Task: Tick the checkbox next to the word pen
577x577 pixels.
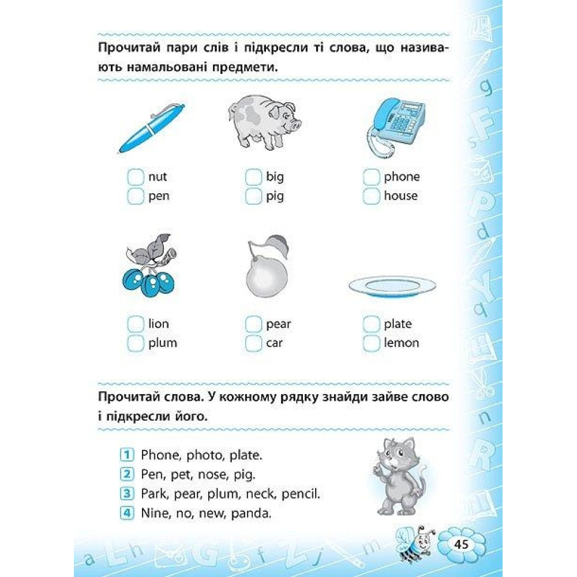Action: [136, 196]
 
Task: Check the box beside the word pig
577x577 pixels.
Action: [253, 196]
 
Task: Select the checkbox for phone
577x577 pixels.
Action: [371, 177]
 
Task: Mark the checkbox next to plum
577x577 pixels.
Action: [136, 343]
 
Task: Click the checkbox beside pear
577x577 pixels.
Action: [253, 324]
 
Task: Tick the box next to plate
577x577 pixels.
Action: [371, 324]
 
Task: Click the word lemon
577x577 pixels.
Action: [402, 343]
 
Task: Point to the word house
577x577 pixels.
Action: [401, 196]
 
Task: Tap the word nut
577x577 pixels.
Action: [158, 177]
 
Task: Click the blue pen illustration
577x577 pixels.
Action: [152, 128]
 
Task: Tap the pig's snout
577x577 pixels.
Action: [295, 125]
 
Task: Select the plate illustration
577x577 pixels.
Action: [392, 287]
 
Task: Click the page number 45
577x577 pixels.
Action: [461, 544]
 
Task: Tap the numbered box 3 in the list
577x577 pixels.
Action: [126, 493]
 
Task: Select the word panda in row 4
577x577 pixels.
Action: [251, 513]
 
